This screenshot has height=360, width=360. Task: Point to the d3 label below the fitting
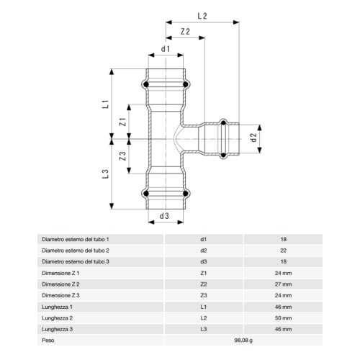pos(164,215)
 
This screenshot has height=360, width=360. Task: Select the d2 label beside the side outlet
pos(253,136)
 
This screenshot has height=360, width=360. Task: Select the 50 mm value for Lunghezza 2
pos(284,318)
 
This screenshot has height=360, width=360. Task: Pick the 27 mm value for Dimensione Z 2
pos(284,284)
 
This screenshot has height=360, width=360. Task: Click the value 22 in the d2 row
pos(284,250)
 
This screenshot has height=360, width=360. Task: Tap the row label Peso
pos(49,340)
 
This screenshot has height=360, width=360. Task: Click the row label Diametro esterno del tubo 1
pos(75,238)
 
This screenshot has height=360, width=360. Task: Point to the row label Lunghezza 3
pos(57,328)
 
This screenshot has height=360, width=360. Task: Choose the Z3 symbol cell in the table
pos(204,294)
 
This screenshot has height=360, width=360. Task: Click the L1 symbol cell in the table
pos(204,306)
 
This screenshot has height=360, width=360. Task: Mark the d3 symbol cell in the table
pos(204,261)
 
